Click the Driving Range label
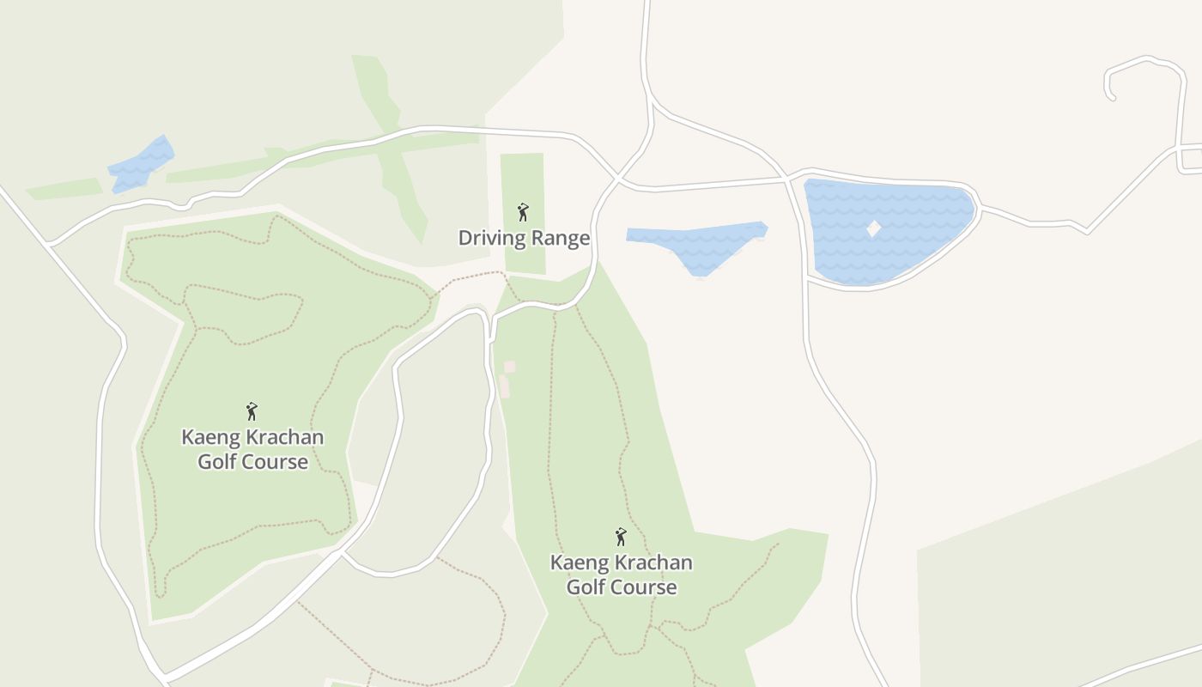pos(524,238)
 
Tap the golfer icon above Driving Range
pos(523,211)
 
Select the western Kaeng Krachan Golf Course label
pos(252,449)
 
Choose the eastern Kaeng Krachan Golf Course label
pos(621,575)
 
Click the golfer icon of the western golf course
pos(252,411)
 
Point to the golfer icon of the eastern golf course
pos(621,537)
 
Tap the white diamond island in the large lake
pos(873,229)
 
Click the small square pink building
pos(509,367)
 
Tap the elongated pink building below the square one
pos(504,386)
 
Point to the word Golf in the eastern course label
pos(587,587)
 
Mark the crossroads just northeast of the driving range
pos(617,179)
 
